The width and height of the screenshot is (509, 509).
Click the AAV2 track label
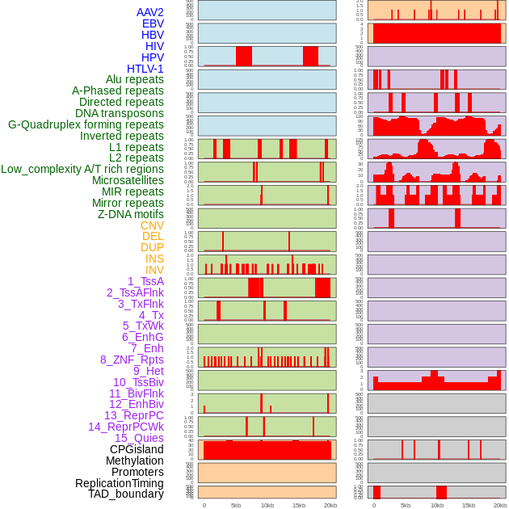149,12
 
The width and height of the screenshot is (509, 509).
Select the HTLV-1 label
145,69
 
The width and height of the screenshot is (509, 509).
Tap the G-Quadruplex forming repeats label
86,124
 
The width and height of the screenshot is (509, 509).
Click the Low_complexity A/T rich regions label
82,169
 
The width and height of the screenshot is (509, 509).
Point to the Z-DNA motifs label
130,214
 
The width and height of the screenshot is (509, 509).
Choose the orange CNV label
152,225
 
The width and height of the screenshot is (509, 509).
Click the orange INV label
154,270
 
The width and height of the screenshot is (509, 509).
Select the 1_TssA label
145,281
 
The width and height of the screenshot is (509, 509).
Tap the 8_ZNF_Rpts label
132,360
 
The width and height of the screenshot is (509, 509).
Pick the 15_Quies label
138,438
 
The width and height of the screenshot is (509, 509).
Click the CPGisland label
137,449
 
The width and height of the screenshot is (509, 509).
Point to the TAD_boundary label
126,494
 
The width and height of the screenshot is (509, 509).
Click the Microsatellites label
128,180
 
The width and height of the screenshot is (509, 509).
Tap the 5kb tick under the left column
236,505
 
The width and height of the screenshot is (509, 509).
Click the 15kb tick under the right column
469,505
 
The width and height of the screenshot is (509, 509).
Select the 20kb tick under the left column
330,505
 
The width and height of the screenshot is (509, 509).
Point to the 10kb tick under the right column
437,505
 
